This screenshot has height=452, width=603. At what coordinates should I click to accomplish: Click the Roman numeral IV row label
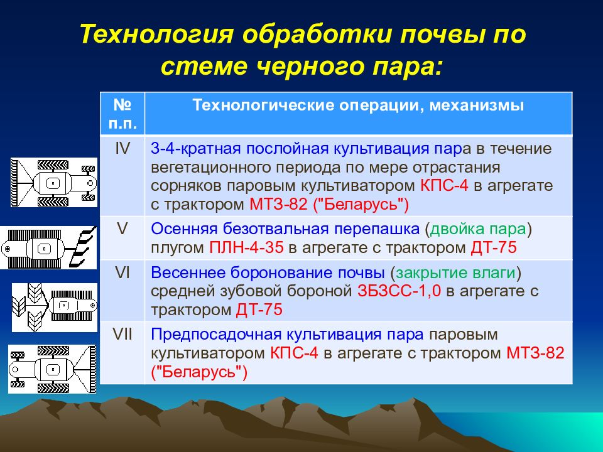tap(122, 148)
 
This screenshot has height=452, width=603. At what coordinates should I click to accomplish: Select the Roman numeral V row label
tap(122, 229)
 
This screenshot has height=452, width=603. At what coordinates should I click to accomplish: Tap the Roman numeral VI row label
tap(122, 272)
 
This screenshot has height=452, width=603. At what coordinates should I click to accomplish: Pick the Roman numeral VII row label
tap(122, 335)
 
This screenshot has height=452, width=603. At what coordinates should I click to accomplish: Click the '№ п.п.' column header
tap(122, 114)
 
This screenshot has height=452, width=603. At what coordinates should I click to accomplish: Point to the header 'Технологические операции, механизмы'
tap(358, 105)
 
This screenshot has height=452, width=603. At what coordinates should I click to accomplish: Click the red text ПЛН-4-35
tap(246, 247)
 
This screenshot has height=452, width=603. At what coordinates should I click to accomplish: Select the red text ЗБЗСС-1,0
tap(399, 291)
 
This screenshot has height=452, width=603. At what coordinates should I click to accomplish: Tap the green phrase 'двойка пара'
tap(478, 229)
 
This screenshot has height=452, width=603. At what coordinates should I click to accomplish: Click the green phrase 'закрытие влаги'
tap(456, 273)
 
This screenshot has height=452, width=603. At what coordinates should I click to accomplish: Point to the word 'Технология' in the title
tap(157, 34)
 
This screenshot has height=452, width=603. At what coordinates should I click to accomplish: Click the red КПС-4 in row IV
tap(444, 186)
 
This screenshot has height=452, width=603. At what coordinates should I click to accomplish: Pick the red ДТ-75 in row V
tap(494, 247)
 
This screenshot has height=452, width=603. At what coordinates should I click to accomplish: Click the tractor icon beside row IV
tap(54, 183)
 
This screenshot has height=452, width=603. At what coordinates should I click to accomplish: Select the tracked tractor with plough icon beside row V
tap(48, 247)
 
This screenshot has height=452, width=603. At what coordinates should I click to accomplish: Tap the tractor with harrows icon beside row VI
tap(55, 308)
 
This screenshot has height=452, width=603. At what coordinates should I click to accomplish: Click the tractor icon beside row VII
tap(52, 369)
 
